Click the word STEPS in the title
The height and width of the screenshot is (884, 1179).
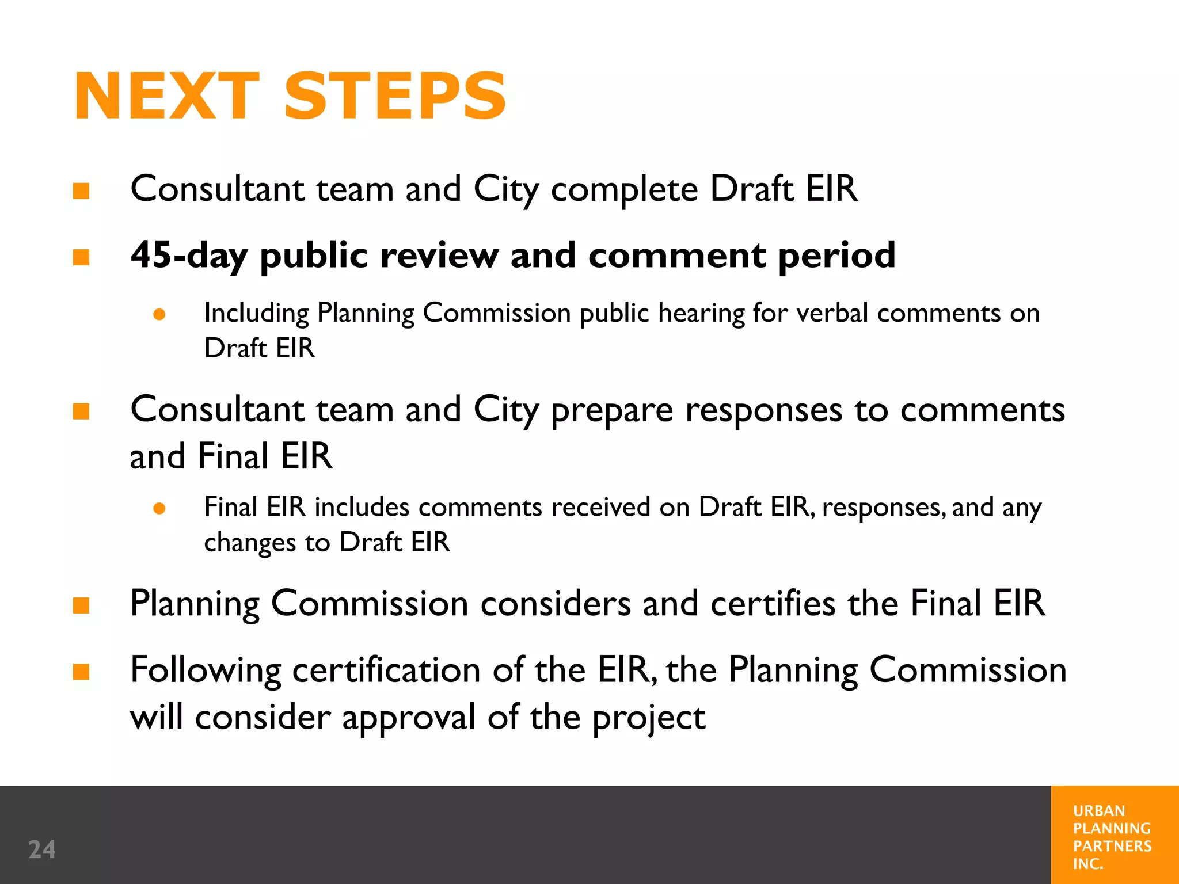395,96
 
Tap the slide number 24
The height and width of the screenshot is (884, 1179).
42,849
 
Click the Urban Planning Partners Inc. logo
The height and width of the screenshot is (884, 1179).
1112,836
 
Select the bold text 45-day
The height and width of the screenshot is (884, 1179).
189,255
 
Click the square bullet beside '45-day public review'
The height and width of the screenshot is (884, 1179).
81,257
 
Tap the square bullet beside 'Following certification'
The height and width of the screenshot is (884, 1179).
81,672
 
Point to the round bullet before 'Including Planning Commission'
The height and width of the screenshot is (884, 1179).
159,314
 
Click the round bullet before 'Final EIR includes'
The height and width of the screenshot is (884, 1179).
159,508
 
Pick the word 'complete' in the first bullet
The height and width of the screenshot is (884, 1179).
624,190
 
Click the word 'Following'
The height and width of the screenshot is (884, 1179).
206,671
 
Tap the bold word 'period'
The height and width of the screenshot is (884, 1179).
836,256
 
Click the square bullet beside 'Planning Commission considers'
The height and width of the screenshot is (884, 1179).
81,605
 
